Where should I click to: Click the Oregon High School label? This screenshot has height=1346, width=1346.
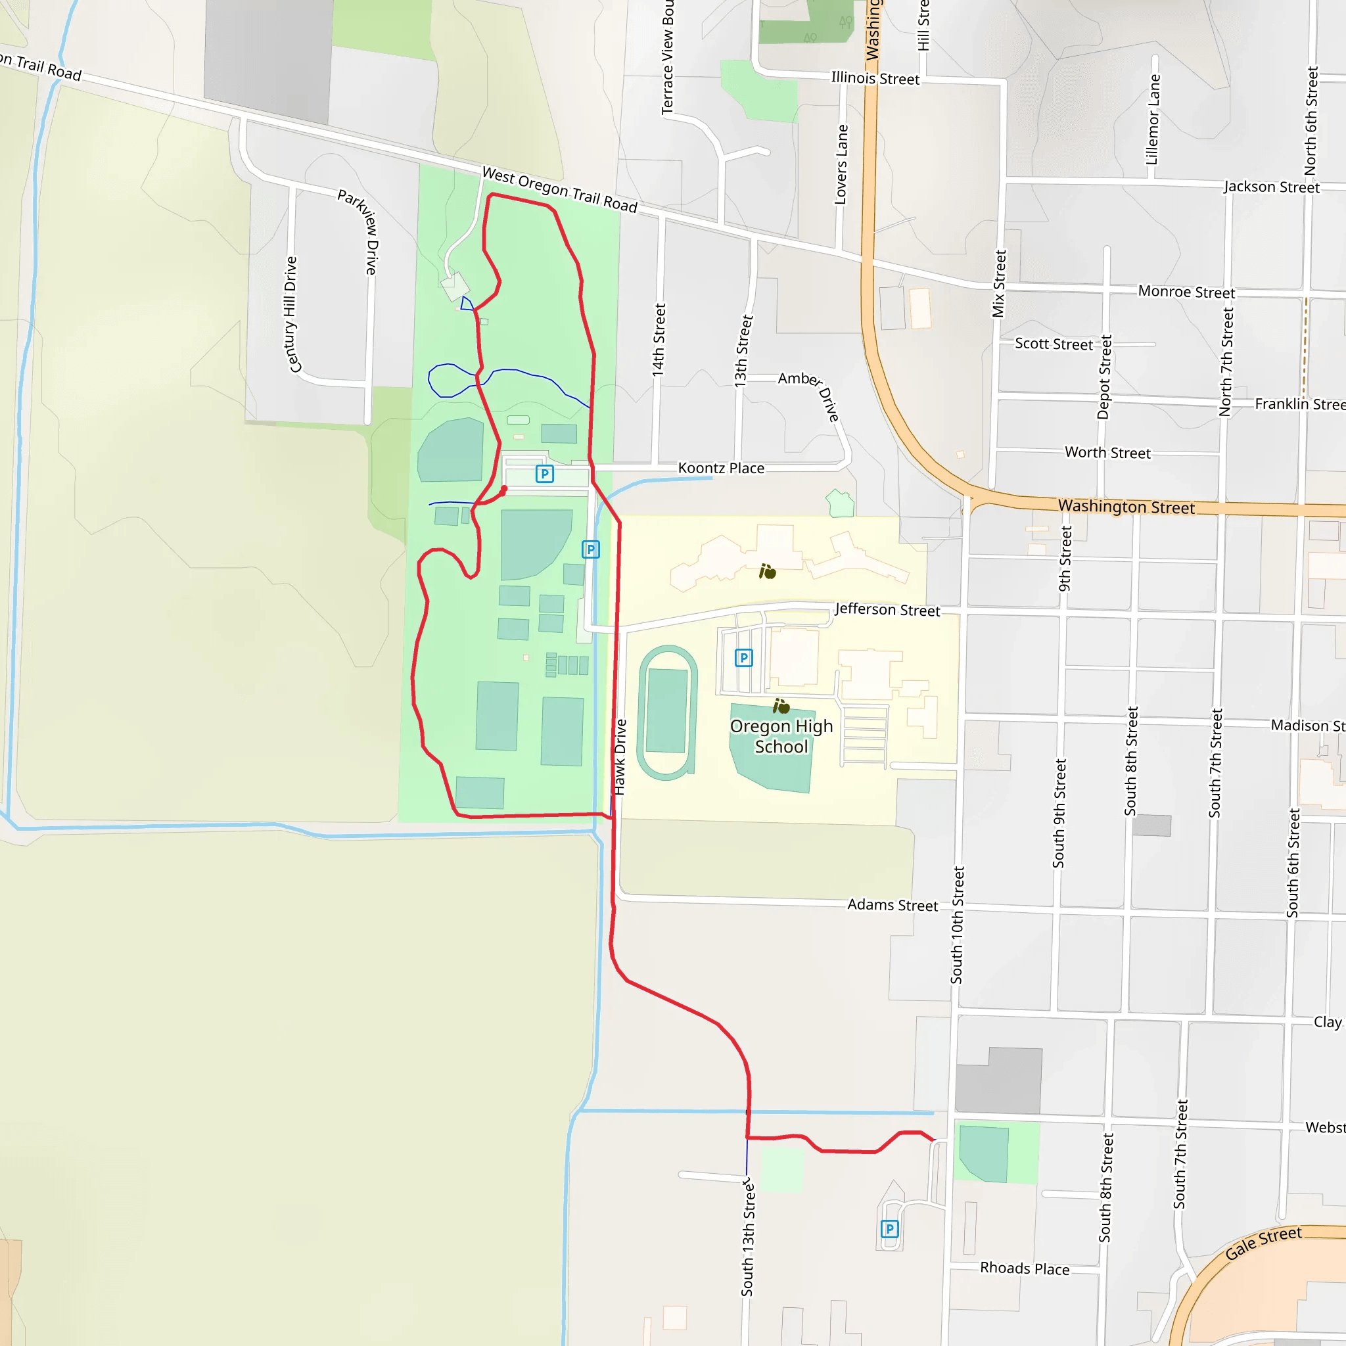click(x=781, y=736)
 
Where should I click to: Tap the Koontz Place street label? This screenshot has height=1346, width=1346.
click(x=721, y=468)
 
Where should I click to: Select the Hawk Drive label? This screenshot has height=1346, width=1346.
click(x=620, y=757)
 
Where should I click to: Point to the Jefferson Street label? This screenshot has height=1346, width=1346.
click(x=887, y=610)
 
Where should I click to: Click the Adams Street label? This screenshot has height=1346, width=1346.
click(x=893, y=905)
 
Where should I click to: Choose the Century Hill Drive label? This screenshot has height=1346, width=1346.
click(x=291, y=314)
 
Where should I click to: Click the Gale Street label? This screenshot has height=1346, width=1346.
click(x=1263, y=1243)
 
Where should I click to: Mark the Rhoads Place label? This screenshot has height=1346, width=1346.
click(x=1024, y=1268)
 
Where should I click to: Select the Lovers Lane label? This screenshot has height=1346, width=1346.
click(x=842, y=164)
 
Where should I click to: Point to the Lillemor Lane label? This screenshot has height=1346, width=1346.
click(x=1153, y=119)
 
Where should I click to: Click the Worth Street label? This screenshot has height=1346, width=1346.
click(x=1107, y=453)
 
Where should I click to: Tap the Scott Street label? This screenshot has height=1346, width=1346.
click(x=1054, y=344)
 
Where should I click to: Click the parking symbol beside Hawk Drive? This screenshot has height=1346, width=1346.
click(x=591, y=549)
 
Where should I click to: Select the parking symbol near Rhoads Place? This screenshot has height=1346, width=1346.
click(x=890, y=1229)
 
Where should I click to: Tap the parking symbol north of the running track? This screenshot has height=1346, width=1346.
click(x=744, y=658)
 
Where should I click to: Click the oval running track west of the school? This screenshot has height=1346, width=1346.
click(x=668, y=712)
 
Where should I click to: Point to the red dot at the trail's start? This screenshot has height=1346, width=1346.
click(x=503, y=490)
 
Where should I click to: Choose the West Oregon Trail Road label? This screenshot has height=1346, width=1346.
click(x=559, y=189)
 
